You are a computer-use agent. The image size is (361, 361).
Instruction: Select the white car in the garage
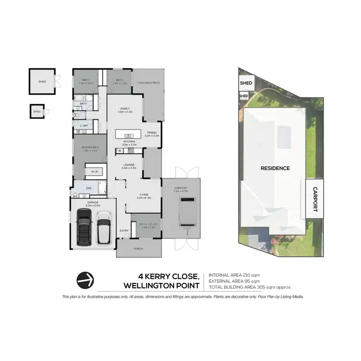click(104, 230)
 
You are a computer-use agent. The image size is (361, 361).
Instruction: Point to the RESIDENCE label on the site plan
click(275, 168)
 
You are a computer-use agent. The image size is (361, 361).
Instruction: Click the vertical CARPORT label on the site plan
click(315, 199)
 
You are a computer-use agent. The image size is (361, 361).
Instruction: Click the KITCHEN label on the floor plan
click(129, 142)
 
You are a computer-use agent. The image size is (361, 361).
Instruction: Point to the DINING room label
click(152, 133)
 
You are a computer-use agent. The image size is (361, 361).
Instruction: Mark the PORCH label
click(139, 248)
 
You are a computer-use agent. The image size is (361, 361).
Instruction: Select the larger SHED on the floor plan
click(42, 81)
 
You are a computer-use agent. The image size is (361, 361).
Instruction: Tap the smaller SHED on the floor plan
click(37, 112)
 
